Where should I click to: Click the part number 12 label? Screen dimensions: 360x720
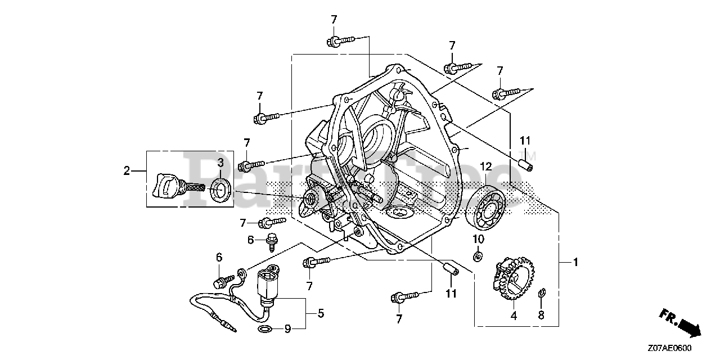click(x=485, y=166)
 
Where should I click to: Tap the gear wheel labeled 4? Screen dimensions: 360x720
click(x=513, y=277)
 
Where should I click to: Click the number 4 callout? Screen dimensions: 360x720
click(x=513, y=316)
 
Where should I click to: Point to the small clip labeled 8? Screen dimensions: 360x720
click(x=541, y=293)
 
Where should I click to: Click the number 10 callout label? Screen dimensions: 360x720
click(x=478, y=239)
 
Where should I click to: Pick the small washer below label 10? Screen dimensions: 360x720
click(x=477, y=257)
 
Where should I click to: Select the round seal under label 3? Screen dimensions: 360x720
click(x=220, y=189)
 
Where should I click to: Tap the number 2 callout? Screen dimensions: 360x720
click(x=127, y=170)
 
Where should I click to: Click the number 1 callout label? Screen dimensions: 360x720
click(x=575, y=262)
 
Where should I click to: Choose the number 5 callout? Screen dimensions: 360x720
click(x=321, y=312)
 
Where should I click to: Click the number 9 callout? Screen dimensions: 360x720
click(x=286, y=328)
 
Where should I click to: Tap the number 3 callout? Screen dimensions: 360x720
click(x=220, y=163)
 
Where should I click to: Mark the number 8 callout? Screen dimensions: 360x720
click(x=541, y=316)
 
